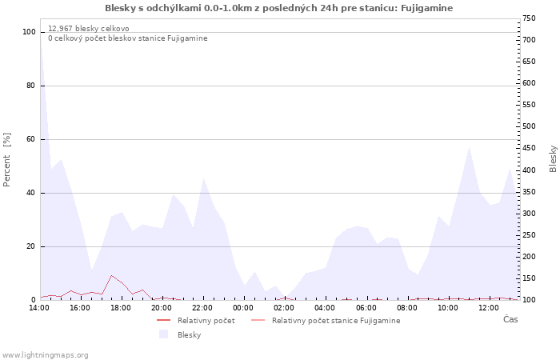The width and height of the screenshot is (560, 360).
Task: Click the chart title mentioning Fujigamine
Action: pos(278,8)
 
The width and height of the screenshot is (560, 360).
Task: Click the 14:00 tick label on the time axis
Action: pos(39,307)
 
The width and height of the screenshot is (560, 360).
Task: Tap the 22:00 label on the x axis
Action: pos(202,307)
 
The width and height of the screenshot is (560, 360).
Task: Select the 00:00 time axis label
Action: pos(243,307)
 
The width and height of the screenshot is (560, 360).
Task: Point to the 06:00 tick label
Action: pos(366,307)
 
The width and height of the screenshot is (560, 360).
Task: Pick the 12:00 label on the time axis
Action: pos(489,307)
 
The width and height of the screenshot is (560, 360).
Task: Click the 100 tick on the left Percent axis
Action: pos(30,32)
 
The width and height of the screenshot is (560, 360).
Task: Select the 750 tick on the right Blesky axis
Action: pos(528,18)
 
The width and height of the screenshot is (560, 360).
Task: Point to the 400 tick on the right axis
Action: pos(528,170)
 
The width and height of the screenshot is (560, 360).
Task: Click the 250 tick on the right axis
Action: pos(528,235)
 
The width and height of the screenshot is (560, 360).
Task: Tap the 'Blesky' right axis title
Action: pos(553,158)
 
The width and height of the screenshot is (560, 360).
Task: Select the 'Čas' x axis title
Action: pos(510,320)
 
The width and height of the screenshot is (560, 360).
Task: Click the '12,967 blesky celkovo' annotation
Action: pos(89,29)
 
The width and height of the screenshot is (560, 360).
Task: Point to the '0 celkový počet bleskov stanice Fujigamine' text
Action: pos(127,38)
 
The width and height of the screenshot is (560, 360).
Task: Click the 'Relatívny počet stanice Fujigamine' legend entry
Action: pos(336,320)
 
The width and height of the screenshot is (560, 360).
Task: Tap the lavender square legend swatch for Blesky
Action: pos(164,334)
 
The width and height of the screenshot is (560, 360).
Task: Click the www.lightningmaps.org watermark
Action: pos(45,354)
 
